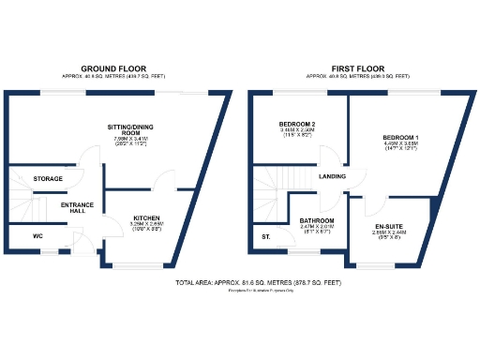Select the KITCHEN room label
click(147, 217)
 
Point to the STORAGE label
click(48, 178)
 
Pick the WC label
click(38, 236)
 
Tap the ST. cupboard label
click(265, 236)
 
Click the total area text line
click(240, 282)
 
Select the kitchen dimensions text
click(147, 225)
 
